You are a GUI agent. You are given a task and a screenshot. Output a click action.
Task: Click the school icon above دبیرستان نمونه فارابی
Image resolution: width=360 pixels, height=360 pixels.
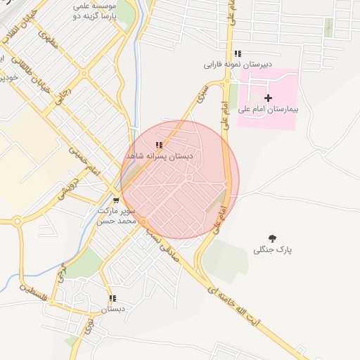click(238, 53)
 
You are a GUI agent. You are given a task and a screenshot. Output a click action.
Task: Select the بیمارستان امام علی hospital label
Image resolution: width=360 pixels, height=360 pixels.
click(268, 109)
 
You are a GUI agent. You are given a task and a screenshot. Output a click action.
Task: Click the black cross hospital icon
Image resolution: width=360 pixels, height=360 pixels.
click(268, 98)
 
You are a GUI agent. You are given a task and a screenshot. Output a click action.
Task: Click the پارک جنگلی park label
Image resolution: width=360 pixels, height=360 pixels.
click(273, 250)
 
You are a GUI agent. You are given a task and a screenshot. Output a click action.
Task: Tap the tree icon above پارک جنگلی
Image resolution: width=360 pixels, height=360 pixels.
click(273, 238)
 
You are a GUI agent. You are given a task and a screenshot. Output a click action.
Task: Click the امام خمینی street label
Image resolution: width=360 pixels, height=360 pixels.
click(85, 160)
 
